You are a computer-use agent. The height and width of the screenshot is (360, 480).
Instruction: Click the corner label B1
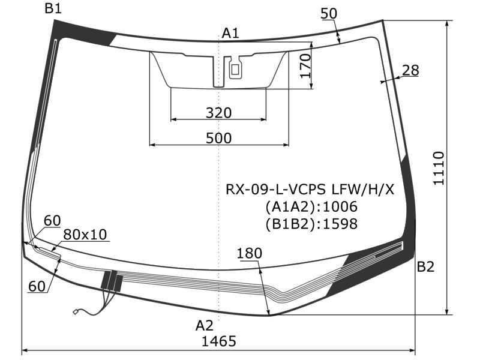[x=53, y=8]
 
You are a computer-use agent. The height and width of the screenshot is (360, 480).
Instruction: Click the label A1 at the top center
[x=230, y=33]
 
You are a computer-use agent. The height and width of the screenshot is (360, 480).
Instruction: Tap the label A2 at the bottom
[x=204, y=325]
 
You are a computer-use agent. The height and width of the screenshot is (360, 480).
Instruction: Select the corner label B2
[x=425, y=267]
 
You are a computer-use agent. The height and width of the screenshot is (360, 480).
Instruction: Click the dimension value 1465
[x=218, y=341]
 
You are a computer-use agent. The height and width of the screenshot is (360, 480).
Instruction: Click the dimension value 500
[x=218, y=137]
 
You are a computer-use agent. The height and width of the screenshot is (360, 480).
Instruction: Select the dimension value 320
[x=218, y=113]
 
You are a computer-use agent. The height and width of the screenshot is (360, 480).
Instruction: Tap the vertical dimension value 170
[x=305, y=67]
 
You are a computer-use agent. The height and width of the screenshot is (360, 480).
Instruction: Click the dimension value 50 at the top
[x=328, y=13]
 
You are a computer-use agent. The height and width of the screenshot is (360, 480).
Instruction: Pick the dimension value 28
[x=410, y=70]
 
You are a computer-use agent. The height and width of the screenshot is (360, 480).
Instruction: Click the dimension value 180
[x=249, y=253]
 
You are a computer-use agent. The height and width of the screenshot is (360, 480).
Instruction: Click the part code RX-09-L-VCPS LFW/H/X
[x=310, y=190]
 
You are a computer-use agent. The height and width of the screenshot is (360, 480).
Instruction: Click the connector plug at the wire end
[x=76, y=311]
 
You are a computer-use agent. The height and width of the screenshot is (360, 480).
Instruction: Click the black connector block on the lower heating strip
[x=112, y=281]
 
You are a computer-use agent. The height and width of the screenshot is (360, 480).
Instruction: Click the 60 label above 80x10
[x=52, y=220]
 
